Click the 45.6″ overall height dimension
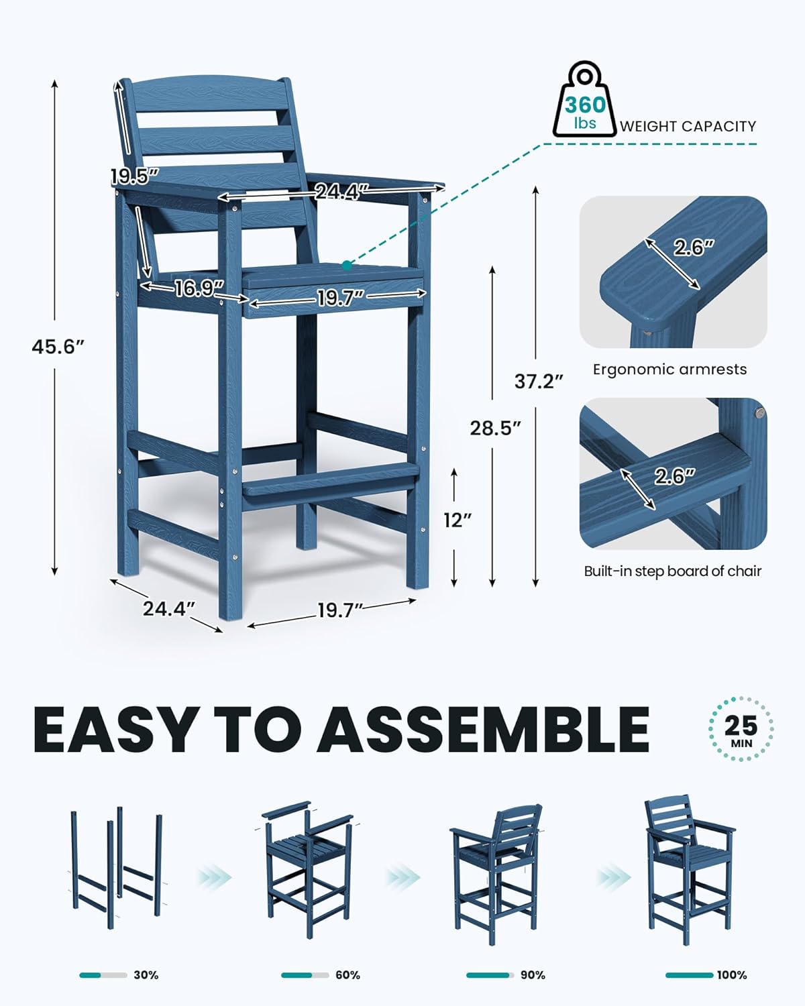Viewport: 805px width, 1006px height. pos(58,347)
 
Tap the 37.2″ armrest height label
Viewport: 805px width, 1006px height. pos(538,381)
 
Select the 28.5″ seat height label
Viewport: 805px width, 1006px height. pos(495,428)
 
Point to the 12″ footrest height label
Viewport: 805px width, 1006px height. pos(458,519)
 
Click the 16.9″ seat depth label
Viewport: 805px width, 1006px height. pos(199,288)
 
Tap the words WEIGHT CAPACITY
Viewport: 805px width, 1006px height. pos(688,126)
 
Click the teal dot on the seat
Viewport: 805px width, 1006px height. pos(346,266)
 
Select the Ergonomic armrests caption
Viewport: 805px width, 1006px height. pos(669,369)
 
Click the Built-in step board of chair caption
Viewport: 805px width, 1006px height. pos(672,571)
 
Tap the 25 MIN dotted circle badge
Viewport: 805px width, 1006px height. pos(741,729)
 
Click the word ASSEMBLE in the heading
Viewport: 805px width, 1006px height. pos(483,730)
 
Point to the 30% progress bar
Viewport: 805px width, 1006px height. pos(103,975)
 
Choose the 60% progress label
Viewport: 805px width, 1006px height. pos(347,975)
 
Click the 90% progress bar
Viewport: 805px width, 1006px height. pos(490,975)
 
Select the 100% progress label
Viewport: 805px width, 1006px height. pos(731,975)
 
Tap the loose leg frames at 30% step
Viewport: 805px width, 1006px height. pos(115,869)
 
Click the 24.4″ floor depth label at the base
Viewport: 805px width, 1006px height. pos(168,608)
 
